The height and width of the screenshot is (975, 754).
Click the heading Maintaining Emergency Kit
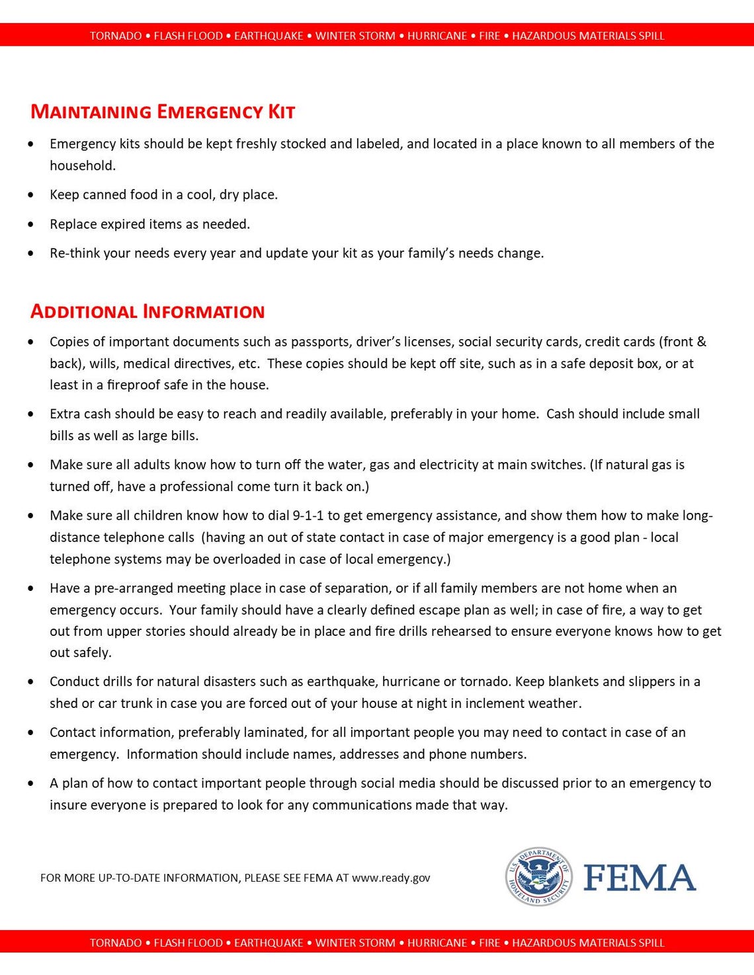pos(163,112)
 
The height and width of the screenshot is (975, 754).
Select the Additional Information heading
pos(147,311)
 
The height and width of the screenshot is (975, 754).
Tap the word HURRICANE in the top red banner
pos(437,36)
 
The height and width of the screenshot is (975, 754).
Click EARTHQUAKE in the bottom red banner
pos(268,943)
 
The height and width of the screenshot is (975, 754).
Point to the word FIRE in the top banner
pos(489,36)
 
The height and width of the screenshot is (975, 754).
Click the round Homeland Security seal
pos(539,877)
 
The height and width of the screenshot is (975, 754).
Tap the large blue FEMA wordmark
pos(639,878)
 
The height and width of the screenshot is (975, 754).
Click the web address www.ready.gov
pos(391,878)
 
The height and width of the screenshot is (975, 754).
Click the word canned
pos(101,194)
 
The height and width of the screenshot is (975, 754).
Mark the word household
pos(83,166)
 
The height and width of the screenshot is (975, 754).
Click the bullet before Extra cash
pos(31,414)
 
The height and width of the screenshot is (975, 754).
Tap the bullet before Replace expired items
pos(31,225)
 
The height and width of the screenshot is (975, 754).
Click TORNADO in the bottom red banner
pos(116,943)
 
